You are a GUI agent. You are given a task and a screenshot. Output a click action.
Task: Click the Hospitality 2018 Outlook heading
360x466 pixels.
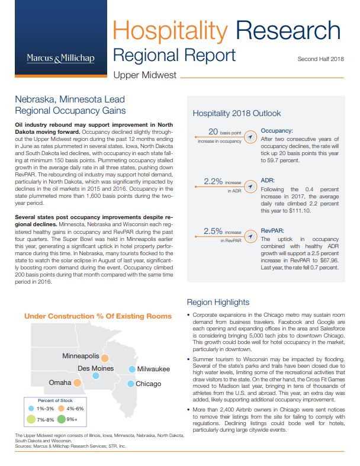coord(237,113)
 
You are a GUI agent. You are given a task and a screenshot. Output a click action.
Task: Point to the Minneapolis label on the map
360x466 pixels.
coord(80,356)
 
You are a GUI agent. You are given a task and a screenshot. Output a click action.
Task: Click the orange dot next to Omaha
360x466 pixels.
coord(93,383)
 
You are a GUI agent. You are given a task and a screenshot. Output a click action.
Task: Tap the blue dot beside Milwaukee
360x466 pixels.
coord(131,369)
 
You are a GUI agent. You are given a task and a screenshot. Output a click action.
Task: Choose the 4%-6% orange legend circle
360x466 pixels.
coord(60,408)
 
